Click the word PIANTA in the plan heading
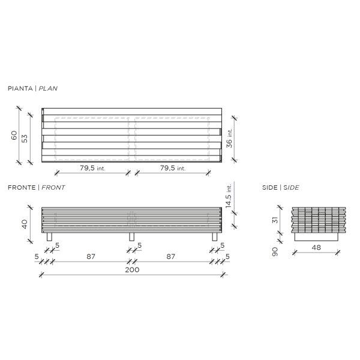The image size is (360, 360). point(20,88)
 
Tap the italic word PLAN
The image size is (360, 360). point(48,88)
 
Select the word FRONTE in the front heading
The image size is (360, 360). point(22,188)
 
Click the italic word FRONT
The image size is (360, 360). point(53,188)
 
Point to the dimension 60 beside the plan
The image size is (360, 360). point(14,135)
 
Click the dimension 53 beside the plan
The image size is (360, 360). point(25,139)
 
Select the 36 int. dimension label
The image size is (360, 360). point(229,138)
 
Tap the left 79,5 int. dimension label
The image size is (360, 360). point(92,168)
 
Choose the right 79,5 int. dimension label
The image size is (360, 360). point(173,168)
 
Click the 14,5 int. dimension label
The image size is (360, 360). point(229,196)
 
